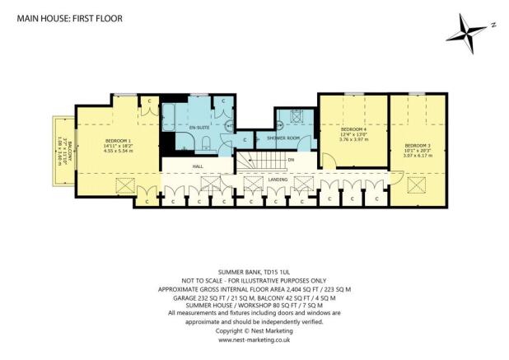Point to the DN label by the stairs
pos(290,161)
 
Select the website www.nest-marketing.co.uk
pos(254,339)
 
